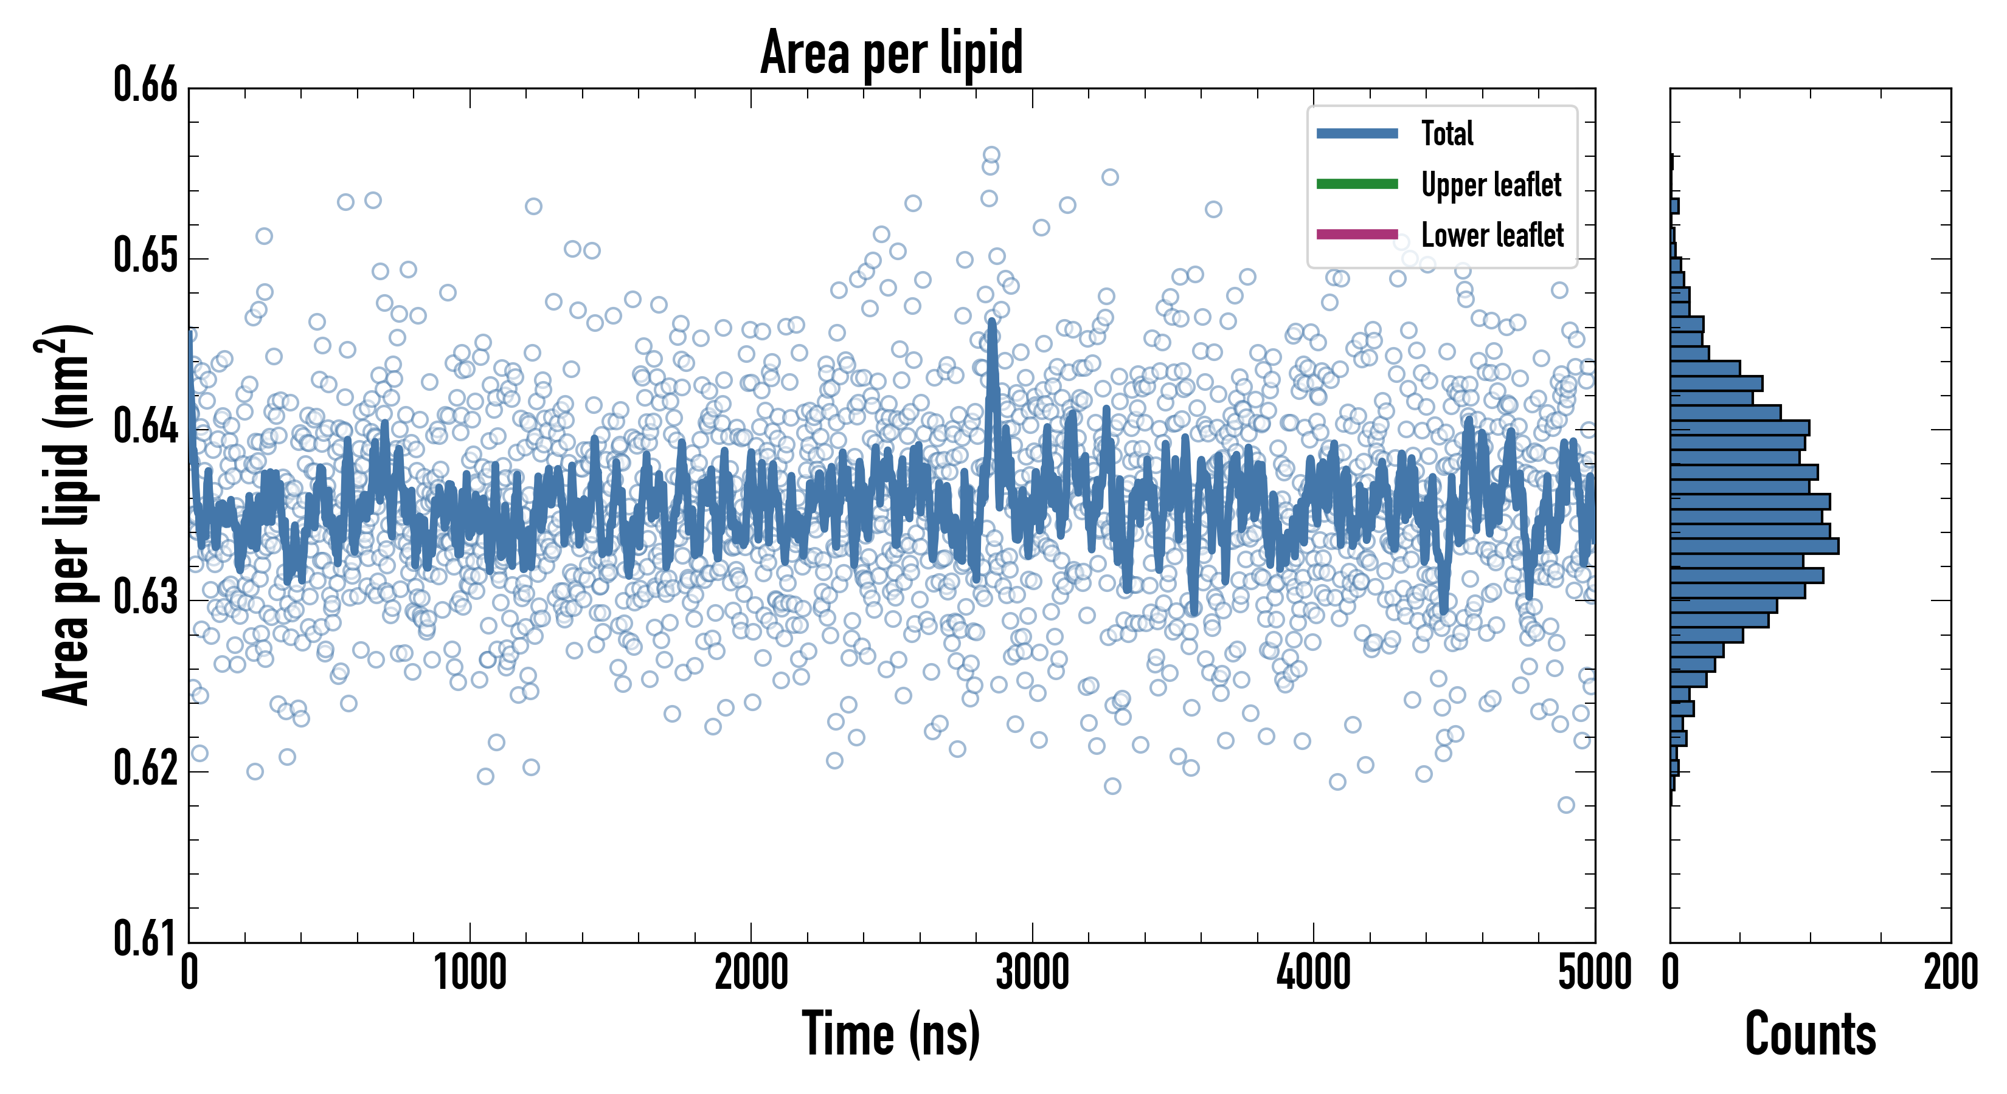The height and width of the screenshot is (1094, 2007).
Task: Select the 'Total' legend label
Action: tap(1447, 133)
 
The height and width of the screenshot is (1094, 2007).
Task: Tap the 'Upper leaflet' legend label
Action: tap(1491, 185)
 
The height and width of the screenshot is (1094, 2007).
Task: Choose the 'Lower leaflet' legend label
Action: tap(1492, 235)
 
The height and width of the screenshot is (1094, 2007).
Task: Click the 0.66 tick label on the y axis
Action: tap(146, 85)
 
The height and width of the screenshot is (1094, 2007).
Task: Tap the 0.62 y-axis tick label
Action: tap(146, 768)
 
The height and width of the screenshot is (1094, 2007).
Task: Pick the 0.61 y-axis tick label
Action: tap(146, 938)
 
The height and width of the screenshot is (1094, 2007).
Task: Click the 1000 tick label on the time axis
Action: tap(470, 973)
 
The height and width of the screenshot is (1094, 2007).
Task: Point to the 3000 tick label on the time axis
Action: tap(1032, 973)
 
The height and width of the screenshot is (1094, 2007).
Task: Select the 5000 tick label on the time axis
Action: tap(1594, 973)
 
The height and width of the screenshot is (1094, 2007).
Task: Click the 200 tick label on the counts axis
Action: tap(1950, 973)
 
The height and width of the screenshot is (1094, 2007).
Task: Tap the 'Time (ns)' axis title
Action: tap(892, 1034)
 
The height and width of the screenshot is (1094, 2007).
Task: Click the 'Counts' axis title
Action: tap(1810, 1034)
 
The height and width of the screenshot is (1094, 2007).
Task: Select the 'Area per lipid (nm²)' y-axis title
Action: tap(66, 514)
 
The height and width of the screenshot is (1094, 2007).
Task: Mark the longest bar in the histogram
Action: tap(1754, 546)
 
